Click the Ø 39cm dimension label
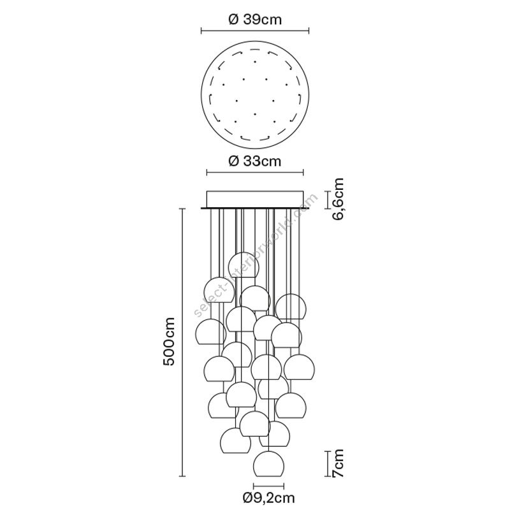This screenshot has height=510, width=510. pos(255,20)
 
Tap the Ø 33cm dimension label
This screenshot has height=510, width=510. pos(255,161)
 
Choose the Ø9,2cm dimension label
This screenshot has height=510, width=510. pos(268,497)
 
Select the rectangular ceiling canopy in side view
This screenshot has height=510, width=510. pos(255,198)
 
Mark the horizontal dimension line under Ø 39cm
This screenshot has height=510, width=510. pos(255,30)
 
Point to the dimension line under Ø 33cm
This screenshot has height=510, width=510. pos(255,171)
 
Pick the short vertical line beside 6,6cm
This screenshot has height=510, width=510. pos(326,199)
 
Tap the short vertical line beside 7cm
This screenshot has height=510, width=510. pos(326,465)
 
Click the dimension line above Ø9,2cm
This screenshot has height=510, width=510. pos(268,484)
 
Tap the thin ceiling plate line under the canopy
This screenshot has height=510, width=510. pos(255,207)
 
